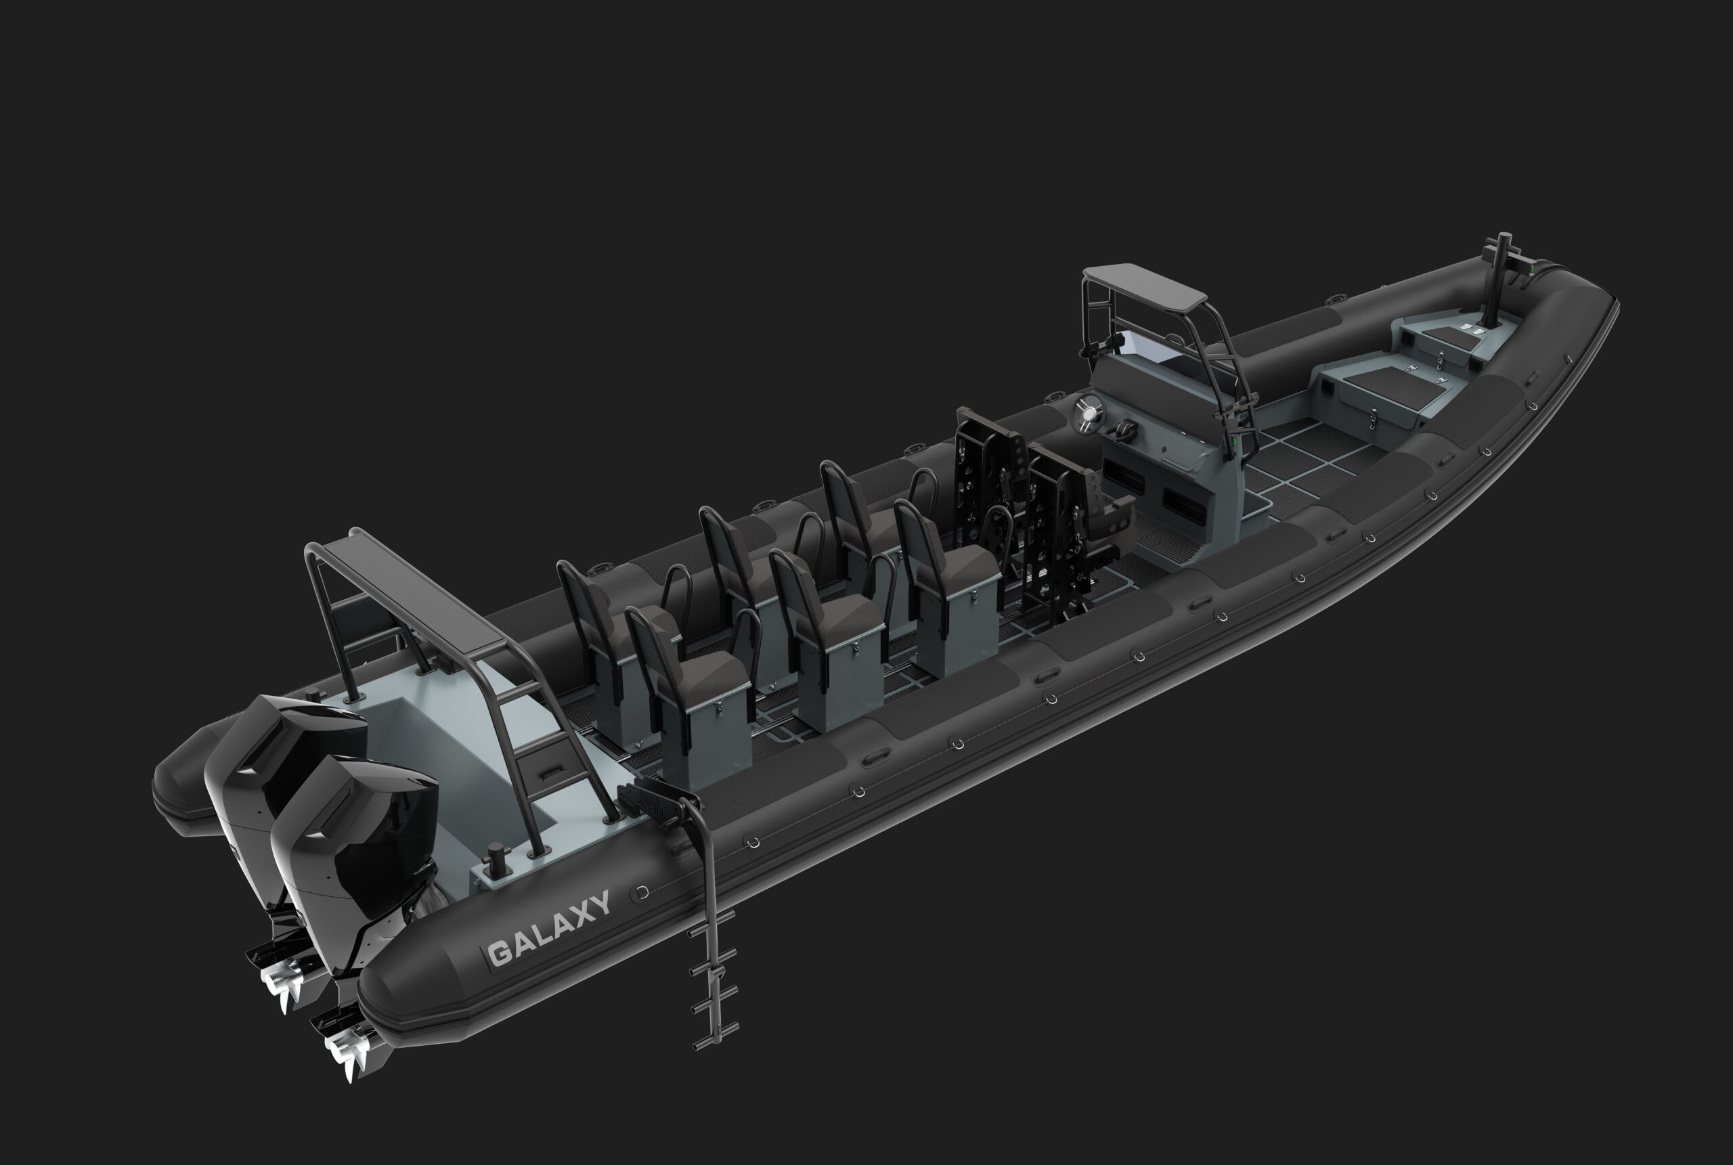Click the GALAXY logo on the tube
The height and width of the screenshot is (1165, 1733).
click(548, 928)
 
